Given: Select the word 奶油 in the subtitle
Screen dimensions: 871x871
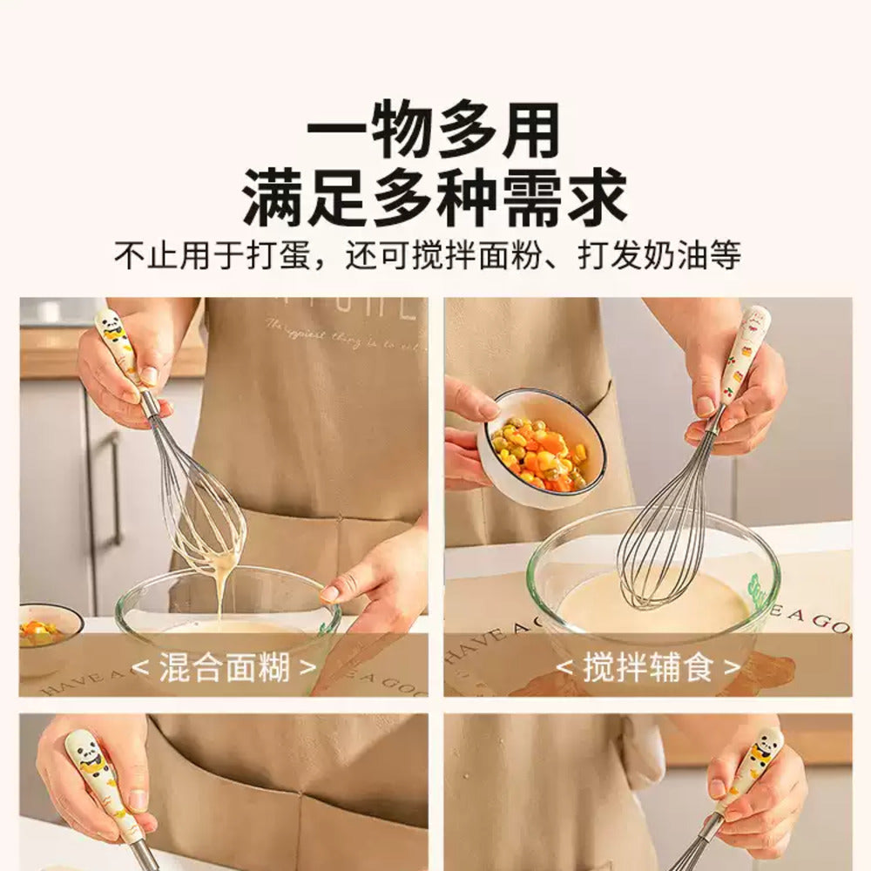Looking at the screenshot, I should (x=679, y=257).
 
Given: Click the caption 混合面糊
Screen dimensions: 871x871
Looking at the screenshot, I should (x=223, y=668).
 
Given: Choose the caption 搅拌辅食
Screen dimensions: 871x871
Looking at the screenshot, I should (x=648, y=668).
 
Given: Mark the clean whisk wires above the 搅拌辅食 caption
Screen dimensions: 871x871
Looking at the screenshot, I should (x=666, y=531).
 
